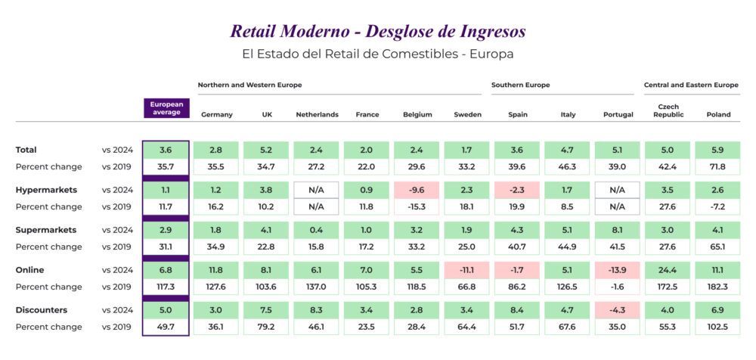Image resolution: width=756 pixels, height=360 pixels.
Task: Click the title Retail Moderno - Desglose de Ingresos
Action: [x=377, y=31]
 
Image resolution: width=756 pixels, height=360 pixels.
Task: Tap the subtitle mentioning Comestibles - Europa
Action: [x=377, y=54]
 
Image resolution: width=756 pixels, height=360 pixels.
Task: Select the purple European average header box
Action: [x=166, y=108]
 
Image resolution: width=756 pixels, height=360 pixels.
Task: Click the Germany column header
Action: [x=216, y=115]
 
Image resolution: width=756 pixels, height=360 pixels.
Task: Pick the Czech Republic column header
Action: [x=668, y=111]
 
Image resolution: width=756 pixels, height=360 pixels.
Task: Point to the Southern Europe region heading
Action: [x=520, y=85]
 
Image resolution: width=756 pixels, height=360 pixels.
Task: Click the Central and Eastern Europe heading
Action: [x=691, y=85]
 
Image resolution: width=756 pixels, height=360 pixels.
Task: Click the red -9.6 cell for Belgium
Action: [x=417, y=190]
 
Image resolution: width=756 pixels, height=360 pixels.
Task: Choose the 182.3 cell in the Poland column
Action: [x=718, y=287]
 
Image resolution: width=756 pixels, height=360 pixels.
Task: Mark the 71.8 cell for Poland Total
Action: [x=718, y=166]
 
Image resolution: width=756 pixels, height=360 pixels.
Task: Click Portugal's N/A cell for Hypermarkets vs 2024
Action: [x=618, y=190]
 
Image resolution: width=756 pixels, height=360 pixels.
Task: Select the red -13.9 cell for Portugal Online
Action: [x=618, y=270]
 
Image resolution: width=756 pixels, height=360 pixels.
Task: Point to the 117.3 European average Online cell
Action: [x=166, y=287]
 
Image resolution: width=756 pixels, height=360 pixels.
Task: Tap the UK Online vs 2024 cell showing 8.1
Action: [x=267, y=270]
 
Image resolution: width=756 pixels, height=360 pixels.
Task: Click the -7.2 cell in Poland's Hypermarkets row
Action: [x=718, y=206]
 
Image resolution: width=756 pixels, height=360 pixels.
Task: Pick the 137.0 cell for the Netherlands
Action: [x=317, y=287]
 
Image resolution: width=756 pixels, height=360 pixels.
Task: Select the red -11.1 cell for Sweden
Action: [x=467, y=270]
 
